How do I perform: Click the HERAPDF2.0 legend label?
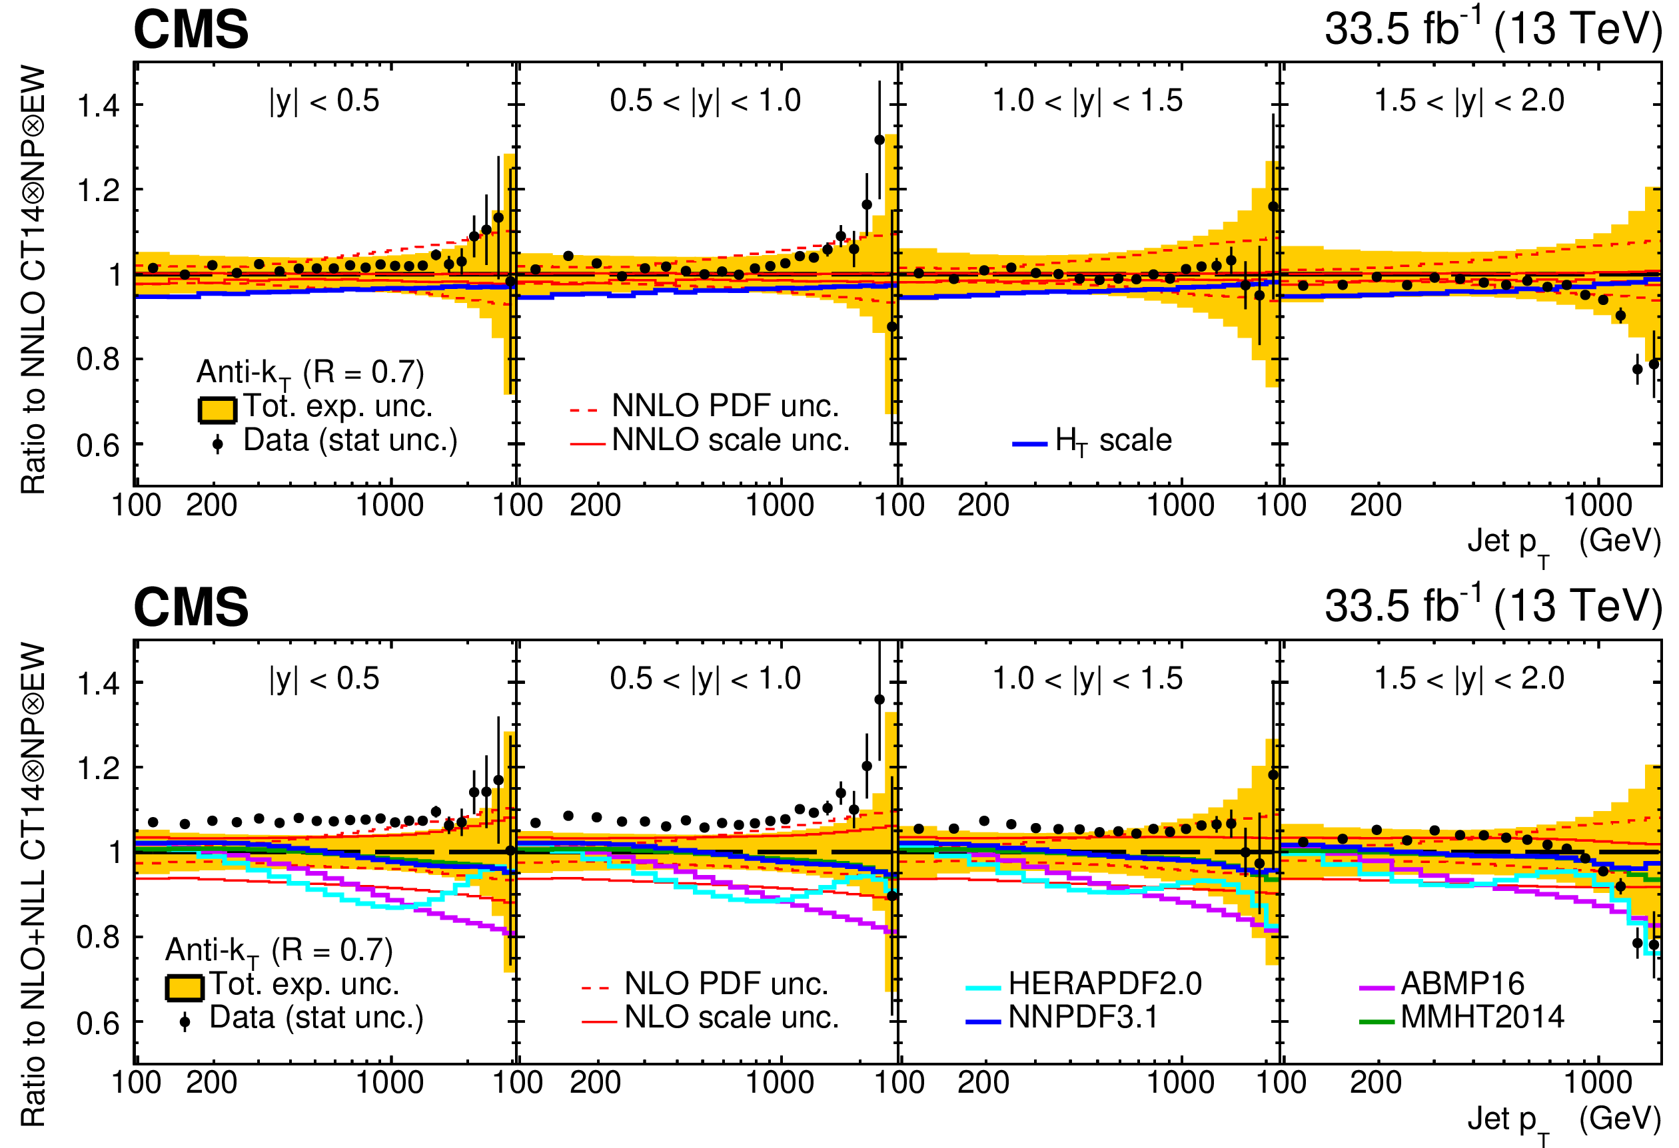coord(1105,984)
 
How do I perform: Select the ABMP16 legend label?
coord(1462,984)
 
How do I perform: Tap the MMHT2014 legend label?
coord(1482,1017)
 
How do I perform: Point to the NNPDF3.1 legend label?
coord(1083,1017)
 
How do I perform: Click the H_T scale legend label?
coord(1113,440)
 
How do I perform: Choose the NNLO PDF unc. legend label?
coord(725,406)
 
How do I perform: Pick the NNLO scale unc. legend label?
coord(730,439)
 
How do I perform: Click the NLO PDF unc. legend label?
coord(726,984)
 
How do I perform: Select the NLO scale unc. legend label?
coord(731,1017)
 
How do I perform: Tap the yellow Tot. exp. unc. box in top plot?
coord(217,410)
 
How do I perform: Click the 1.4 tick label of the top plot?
coord(98,106)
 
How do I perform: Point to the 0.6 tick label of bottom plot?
coord(98,1023)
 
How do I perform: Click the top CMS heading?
coord(191,31)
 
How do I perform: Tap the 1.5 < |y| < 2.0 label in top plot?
coord(1468,101)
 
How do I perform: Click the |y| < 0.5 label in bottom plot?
coord(324,678)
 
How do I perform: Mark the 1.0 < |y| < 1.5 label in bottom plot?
coord(1087,678)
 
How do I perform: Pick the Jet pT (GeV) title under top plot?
coord(1564,543)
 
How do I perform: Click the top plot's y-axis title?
coord(33,280)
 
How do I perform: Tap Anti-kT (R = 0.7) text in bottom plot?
coord(279,950)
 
